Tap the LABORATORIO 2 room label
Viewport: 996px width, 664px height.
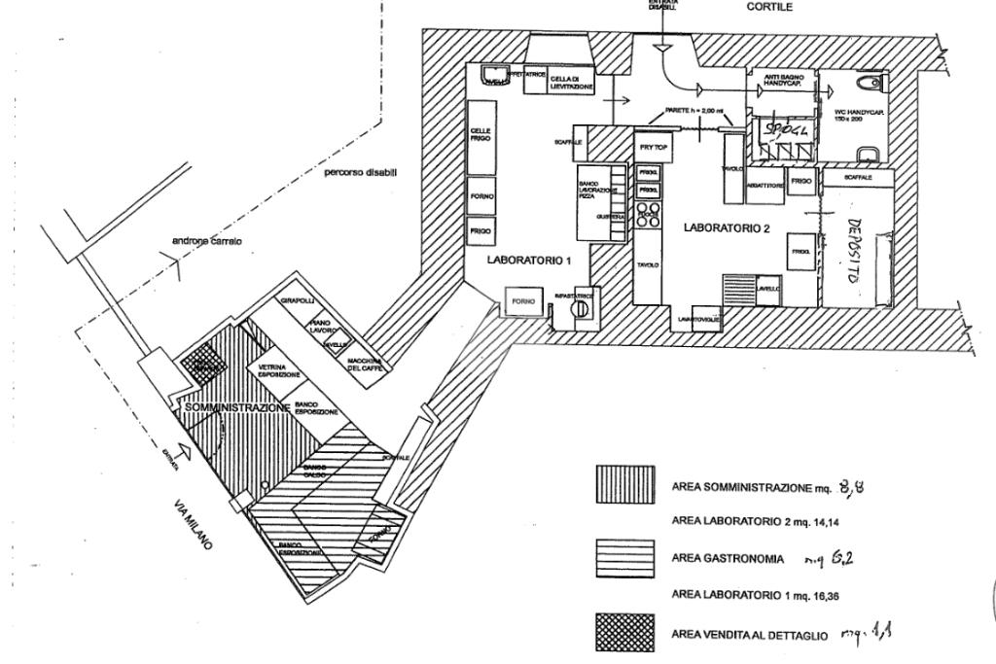click(727, 228)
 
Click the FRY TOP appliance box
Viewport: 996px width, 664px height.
click(650, 146)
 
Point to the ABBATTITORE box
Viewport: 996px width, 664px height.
click(764, 184)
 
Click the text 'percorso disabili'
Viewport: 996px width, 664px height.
click(361, 173)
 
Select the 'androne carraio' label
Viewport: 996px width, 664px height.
click(207, 240)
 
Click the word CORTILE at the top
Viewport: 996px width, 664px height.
click(769, 7)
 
